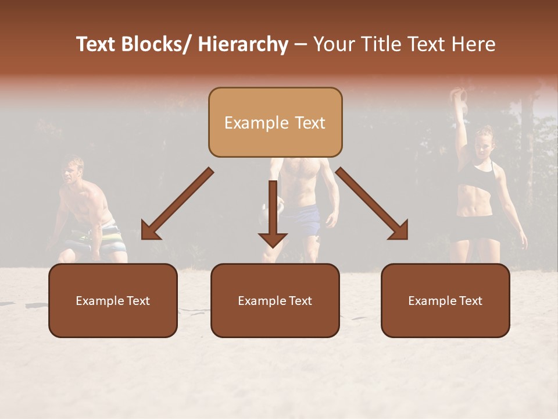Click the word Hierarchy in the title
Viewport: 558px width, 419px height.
[x=242, y=45]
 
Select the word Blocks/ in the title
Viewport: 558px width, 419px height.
[x=156, y=45]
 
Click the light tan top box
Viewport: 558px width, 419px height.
[x=275, y=123]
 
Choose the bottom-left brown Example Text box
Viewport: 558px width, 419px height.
[x=113, y=301]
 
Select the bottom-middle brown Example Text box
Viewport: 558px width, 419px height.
[x=275, y=301]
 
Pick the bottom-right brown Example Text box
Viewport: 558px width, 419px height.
[x=445, y=301]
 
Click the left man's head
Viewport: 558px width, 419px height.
[x=73, y=170]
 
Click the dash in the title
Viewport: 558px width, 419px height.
[x=301, y=45]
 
